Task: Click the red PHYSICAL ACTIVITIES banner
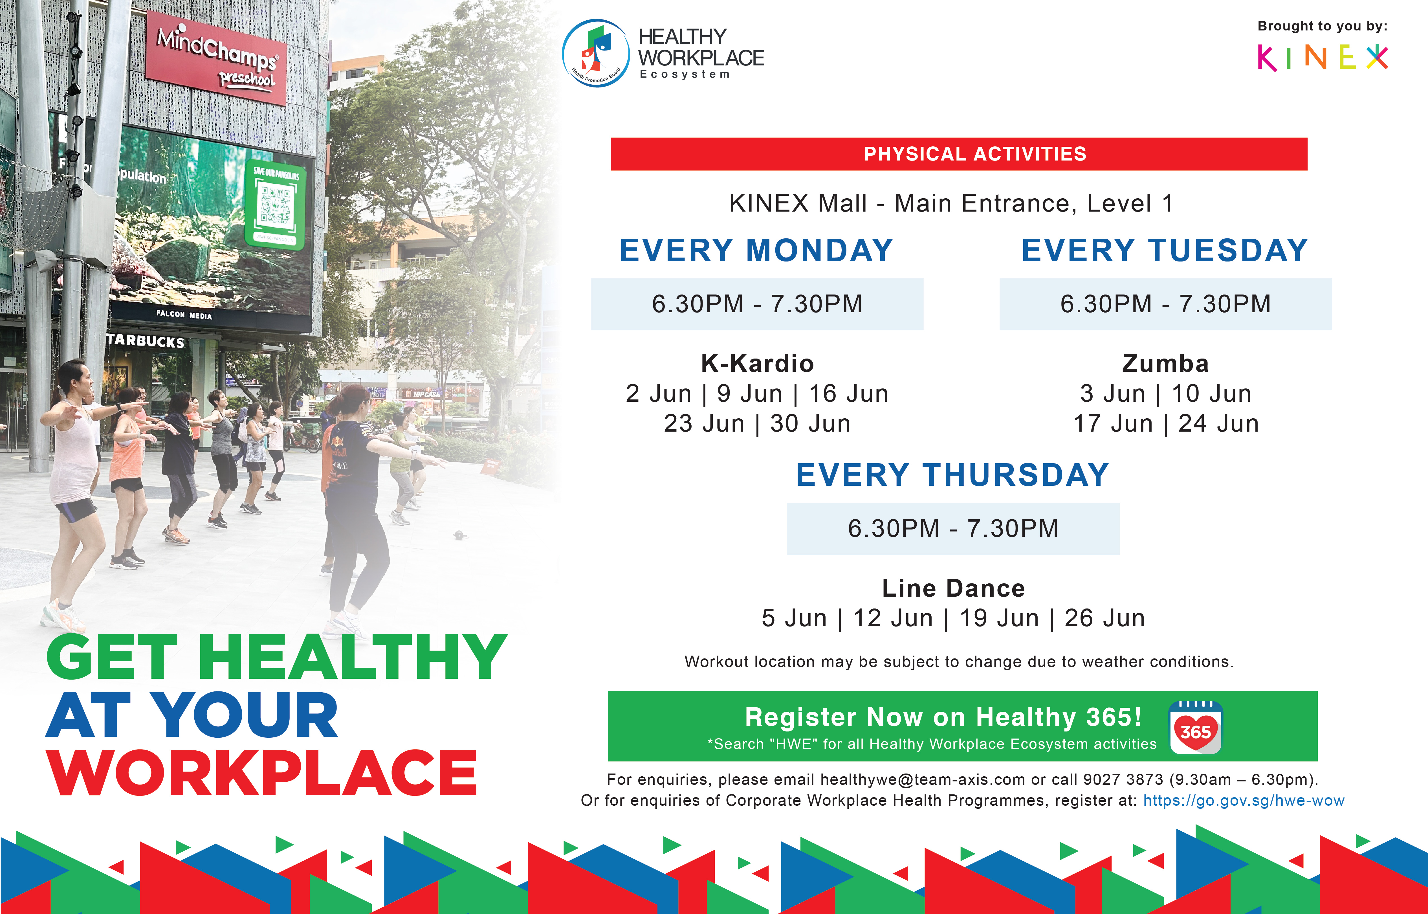pos(959,154)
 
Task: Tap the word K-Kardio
pos(757,363)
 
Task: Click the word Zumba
pos(1165,363)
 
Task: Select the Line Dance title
pos(953,588)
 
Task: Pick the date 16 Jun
pos(848,394)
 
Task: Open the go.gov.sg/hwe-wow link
pos(1244,801)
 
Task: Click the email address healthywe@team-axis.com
pos(923,779)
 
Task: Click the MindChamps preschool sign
pos(217,58)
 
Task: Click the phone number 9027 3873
pos(1123,779)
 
